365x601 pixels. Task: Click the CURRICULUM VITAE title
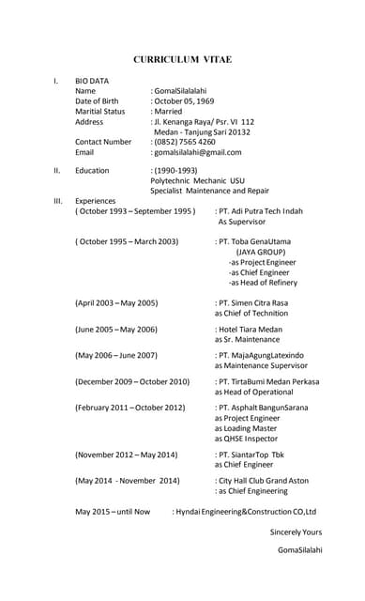click(182, 59)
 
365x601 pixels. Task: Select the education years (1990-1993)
click(175, 171)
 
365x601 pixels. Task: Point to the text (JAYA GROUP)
click(260, 252)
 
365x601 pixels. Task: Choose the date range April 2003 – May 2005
click(116, 303)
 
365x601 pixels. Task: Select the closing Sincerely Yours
click(296, 532)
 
